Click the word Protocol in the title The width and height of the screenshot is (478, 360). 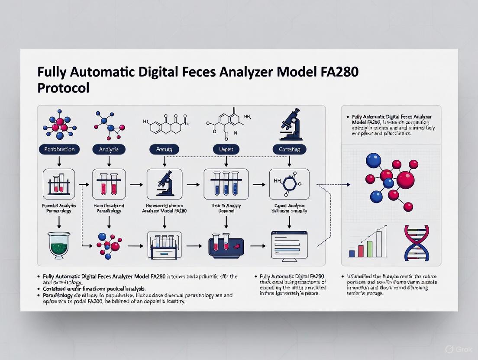pos(63,88)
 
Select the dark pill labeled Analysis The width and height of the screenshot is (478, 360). pos(109,149)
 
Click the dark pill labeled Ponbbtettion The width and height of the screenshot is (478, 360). pos(59,149)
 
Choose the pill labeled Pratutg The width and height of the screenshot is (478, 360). pos(164,149)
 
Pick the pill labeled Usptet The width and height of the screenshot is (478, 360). pos(226,149)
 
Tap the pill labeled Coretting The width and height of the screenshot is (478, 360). pos(289,149)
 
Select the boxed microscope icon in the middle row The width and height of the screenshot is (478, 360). pos(165,184)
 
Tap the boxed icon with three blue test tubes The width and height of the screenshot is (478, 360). pos(226,184)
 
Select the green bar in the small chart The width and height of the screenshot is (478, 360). pos(370,249)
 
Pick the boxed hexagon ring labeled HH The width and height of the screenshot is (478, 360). pos(289,184)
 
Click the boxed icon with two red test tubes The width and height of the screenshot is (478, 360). pos(109,184)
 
